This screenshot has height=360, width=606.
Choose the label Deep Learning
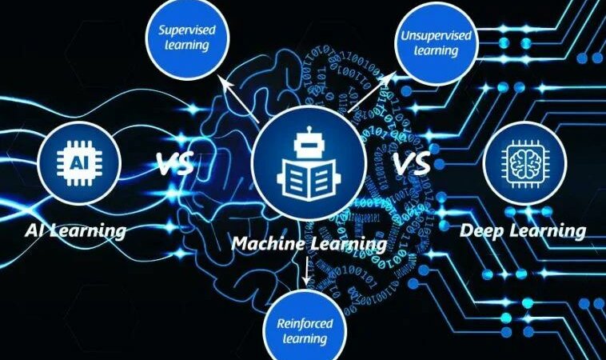point(523,231)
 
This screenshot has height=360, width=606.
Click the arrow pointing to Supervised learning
point(237,95)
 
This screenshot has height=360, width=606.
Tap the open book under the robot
point(308,182)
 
